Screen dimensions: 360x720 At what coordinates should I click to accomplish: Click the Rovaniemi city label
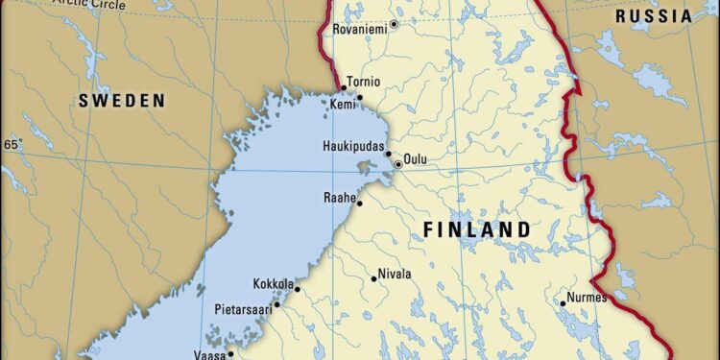pos(360,30)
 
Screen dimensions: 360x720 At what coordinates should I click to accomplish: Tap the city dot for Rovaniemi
pos(394,23)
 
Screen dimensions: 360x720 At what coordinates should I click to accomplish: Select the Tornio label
pos(365,83)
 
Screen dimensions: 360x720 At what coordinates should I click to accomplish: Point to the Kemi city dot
pos(360,97)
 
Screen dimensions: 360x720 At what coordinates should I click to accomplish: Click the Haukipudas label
pos(354,147)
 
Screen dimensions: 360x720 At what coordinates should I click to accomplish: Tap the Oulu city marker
pos(397,164)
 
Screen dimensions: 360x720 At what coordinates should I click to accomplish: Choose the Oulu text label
pos(416,159)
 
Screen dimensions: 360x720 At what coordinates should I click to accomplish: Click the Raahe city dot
pos(360,204)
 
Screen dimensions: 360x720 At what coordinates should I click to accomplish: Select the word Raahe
pos(339,198)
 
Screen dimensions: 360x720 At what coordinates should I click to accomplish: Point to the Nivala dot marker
pos(374,279)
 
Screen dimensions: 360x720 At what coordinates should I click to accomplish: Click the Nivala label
pos(395,274)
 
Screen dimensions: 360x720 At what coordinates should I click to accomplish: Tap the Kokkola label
pos(272,284)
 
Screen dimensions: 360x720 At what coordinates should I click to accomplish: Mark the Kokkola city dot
pos(297,289)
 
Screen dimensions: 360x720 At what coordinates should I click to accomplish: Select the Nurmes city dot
pos(564,303)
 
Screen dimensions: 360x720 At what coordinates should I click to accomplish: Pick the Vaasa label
pos(210,353)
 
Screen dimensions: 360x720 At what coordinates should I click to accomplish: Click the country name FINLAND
pos(477,229)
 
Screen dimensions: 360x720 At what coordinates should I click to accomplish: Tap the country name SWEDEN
pos(122,100)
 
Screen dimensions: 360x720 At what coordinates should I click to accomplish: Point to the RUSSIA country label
pos(653,16)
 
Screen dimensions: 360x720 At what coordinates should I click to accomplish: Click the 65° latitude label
pos(12,145)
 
